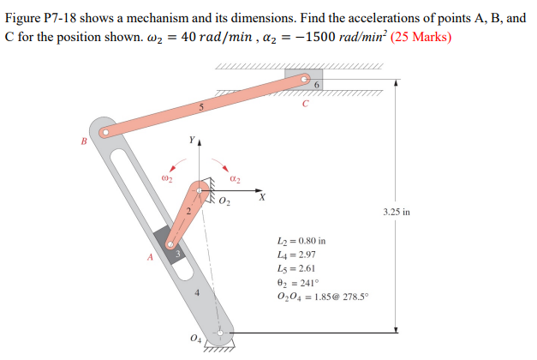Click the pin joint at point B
tap(104, 133)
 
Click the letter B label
tap(84, 141)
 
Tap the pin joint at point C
tap(305, 81)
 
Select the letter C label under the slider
tap(304, 106)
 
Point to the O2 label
tap(224, 202)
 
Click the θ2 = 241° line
tap(293, 283)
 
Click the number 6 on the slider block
tap(316, 85)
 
